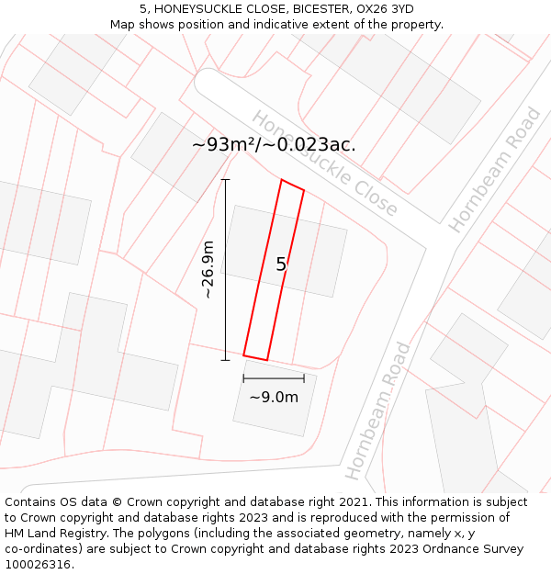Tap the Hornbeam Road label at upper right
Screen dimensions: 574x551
pos(495,170)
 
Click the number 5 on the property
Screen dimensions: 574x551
pos(281,264)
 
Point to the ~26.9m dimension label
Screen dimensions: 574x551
pos(208,270)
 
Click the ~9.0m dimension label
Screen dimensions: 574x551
pos(274,397)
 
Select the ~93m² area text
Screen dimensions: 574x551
pos(225,144)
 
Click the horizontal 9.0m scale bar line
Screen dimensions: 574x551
pos(274,377)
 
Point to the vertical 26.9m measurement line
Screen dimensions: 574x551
pos(226,270)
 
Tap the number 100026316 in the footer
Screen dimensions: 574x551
pos(36,565)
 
